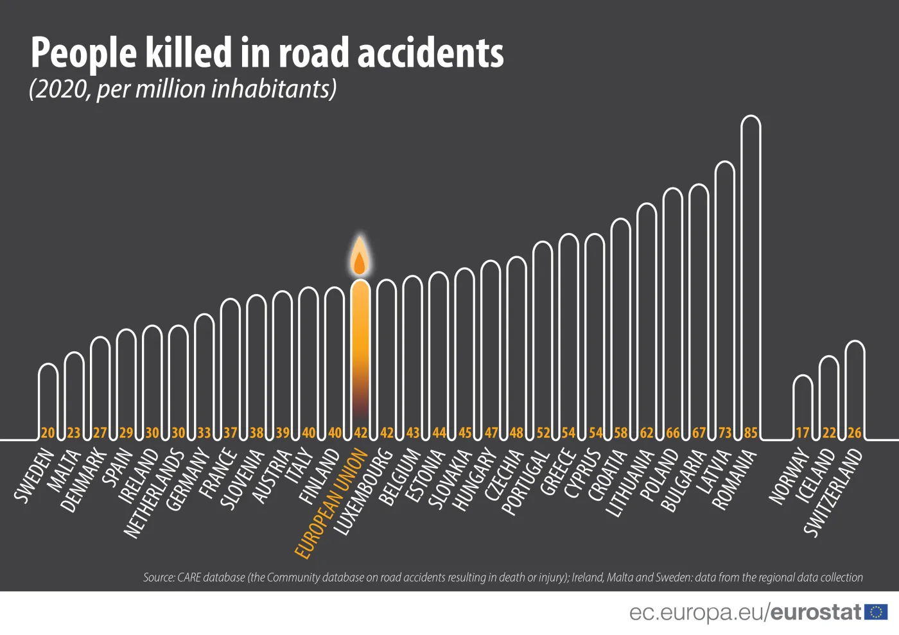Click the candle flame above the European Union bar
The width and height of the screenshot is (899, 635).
point(360,258)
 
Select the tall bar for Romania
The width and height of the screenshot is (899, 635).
point(751,270)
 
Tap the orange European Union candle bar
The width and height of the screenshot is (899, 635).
point(360,353)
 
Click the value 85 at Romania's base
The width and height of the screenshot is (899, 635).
point(751,433)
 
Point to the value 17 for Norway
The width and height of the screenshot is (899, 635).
point(803,433)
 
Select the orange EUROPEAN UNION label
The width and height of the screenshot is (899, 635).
point(331,504)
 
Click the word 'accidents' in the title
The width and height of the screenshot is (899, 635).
point(430,53)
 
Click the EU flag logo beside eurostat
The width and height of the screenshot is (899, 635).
point(876,612)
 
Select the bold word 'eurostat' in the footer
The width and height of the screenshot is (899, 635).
point(816,613)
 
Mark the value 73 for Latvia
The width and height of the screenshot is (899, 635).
point(725,433)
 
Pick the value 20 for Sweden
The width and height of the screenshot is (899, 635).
point(48,433)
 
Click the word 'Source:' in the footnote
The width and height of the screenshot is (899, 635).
point(159,578)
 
